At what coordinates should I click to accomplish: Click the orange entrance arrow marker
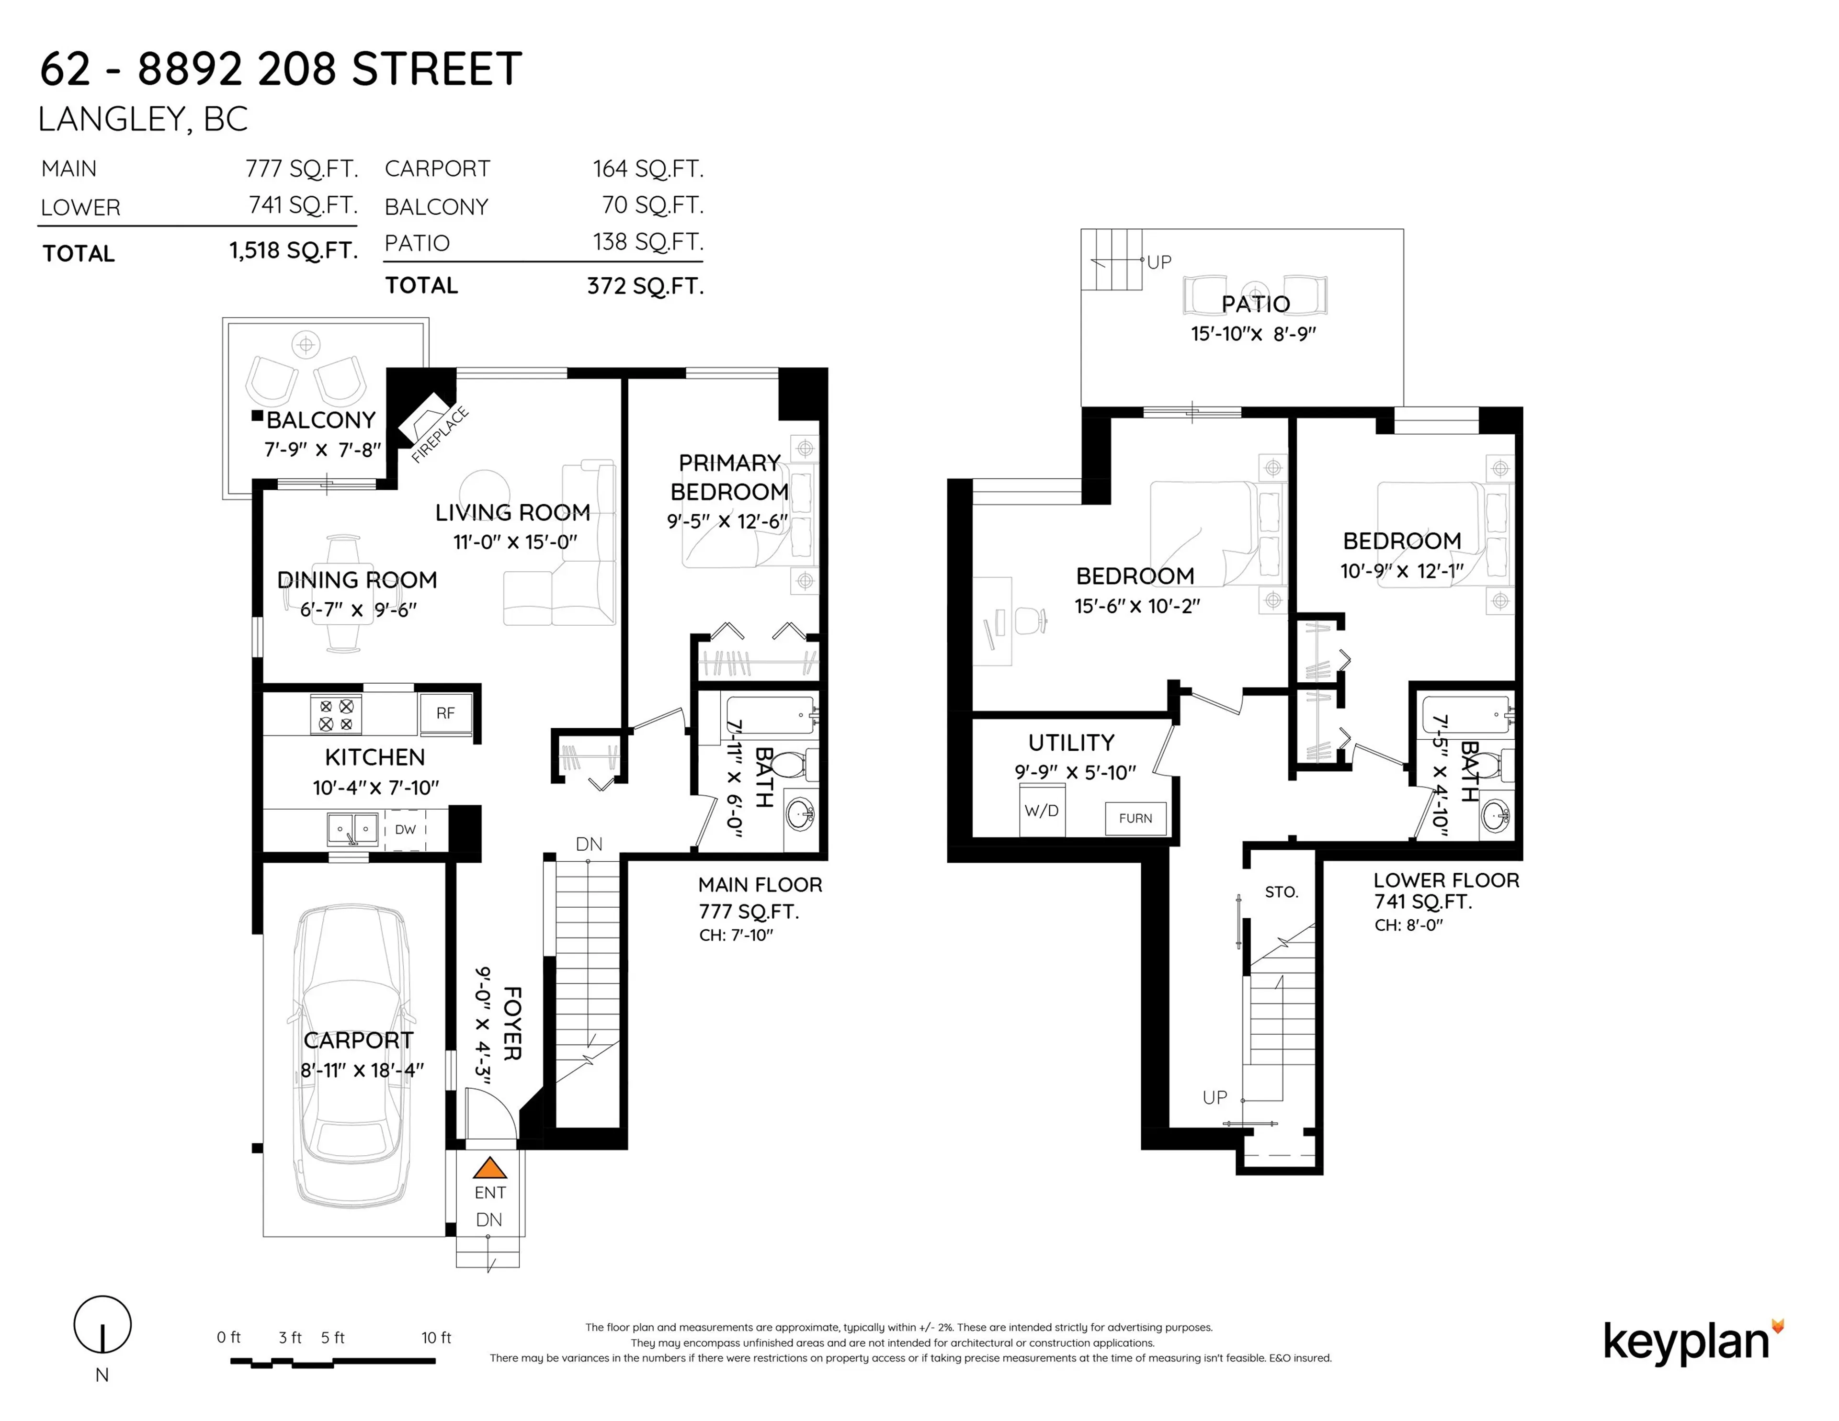click(x=489, y=1169)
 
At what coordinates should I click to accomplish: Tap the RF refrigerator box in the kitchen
click(x=445, y=713)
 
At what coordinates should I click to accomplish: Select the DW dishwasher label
click(x=405, y=829)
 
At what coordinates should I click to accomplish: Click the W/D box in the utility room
click(x=1042, y=811)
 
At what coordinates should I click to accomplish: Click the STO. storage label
click(x=1281, y=892)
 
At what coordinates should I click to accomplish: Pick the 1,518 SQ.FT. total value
click(x=293, y=251)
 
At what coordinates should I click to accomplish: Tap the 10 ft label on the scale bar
click(x=436, y=1338)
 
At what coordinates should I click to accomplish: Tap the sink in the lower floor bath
click(x=1496, y=814)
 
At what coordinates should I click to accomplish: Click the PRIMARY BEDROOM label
click(x=729, y=477)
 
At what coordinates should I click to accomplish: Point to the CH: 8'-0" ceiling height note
click(x=1409, y=925)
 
